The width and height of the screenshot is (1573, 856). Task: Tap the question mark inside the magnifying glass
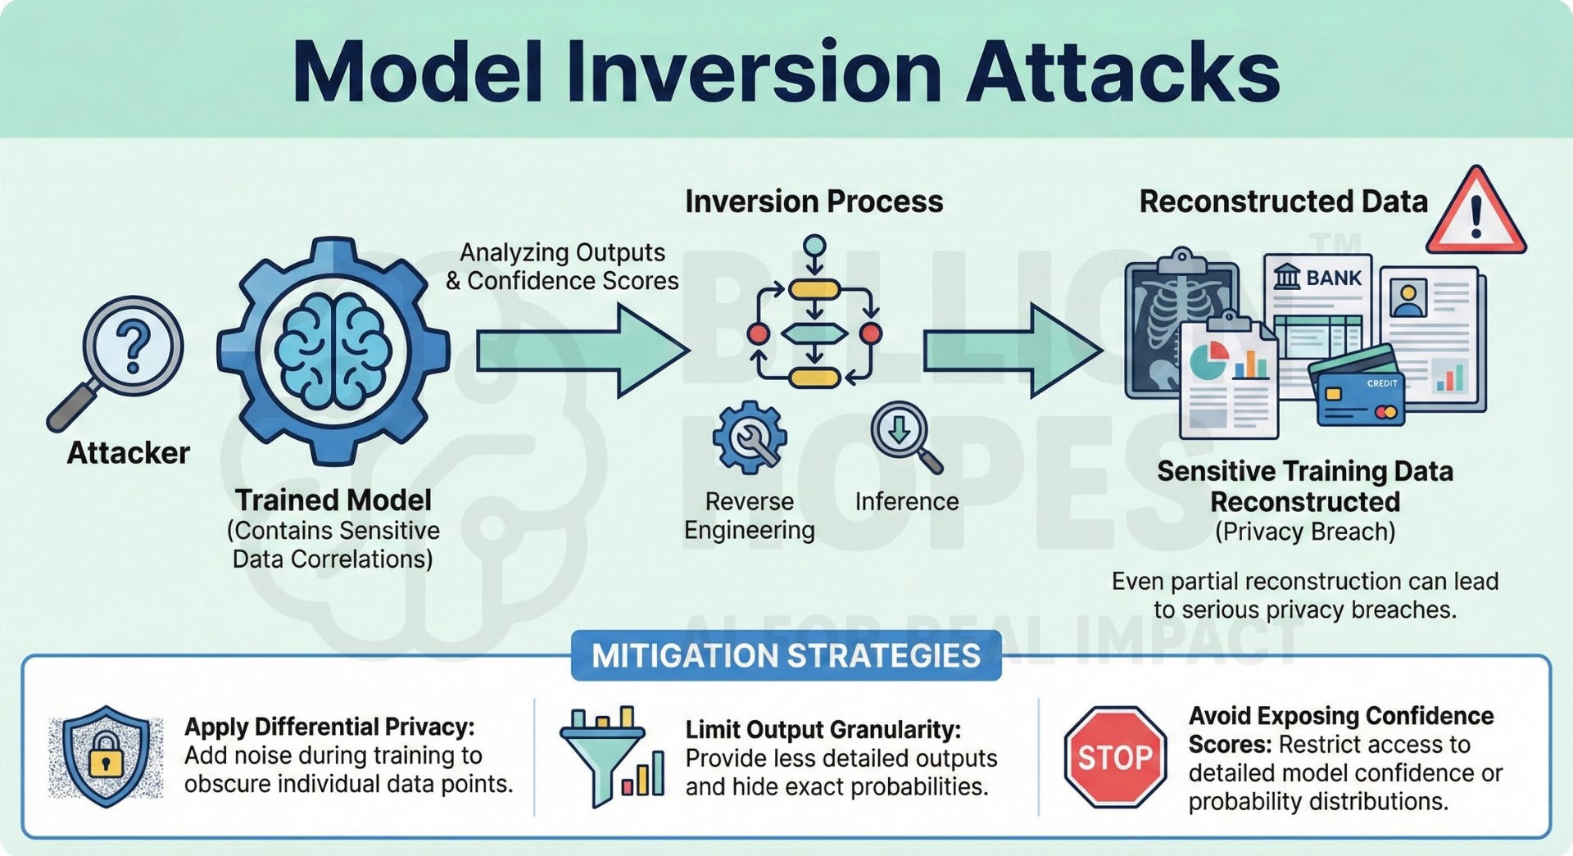134,346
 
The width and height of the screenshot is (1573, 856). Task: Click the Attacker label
129,453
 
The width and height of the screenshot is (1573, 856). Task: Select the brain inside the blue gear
333,351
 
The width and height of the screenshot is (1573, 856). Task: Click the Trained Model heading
333,500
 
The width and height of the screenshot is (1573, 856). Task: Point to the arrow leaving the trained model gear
582,351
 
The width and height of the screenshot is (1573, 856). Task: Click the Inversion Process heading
814,202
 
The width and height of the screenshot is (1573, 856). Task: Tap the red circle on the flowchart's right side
871,333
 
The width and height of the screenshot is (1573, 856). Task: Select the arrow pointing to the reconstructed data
1012,351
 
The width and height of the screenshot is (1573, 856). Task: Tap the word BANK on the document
1334,279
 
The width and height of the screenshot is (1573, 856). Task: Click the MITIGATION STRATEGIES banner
786,655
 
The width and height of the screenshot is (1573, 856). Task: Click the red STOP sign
1114,757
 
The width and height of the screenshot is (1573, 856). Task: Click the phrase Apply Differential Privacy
329,727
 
